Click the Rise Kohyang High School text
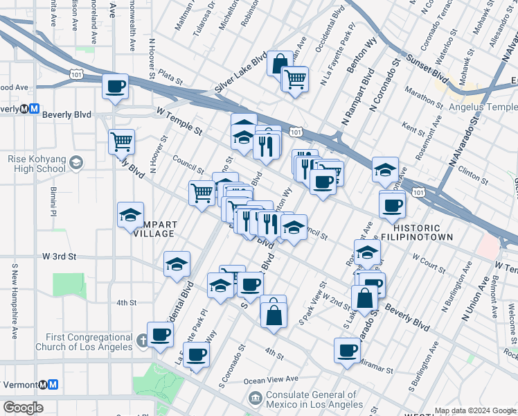click(37, 164)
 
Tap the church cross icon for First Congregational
click(142, 340)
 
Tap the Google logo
click(23, 408)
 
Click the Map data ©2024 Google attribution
click(474, 410)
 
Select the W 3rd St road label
click(59, 256)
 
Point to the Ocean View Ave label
click(270, 379)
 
